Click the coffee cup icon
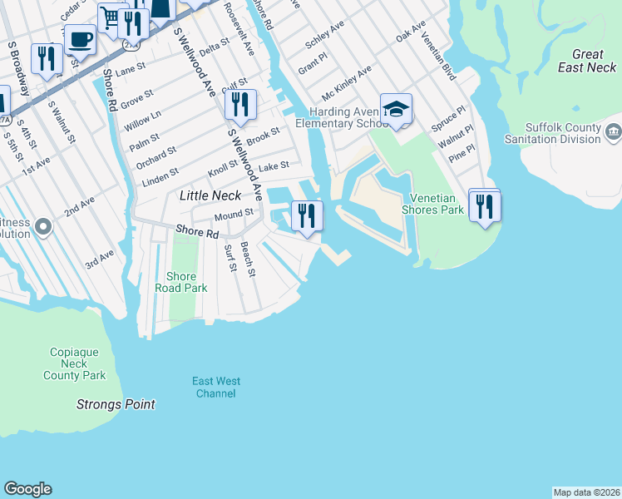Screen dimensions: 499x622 80,38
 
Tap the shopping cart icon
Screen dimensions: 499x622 111,17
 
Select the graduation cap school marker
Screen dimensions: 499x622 396,109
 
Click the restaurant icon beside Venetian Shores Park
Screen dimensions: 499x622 484,205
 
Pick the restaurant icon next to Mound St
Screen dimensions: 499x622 307,215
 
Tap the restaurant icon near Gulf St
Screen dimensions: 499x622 239,105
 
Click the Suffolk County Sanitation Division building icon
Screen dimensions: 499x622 613,132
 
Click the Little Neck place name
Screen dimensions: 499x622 211,195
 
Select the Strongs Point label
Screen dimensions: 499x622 116,404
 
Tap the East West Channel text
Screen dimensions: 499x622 216,387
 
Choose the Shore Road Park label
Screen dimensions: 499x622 181,282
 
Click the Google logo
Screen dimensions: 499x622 27,489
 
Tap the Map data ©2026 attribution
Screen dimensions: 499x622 585,492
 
